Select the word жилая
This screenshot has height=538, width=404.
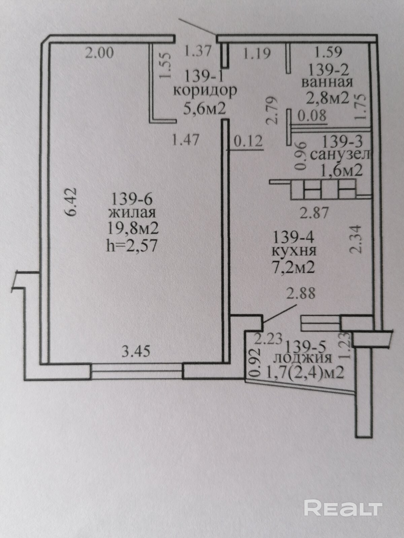pyautogui.click(x=132, y=213)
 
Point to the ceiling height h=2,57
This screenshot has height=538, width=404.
pyautogui.click(x=132, y=245)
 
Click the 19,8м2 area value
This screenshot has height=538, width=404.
pyautogui.click(x=133, y=229)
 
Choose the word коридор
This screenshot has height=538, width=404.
pyautogui.click(x=205, y=92)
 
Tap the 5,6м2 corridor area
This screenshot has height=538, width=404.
pyautogui.click(x=205, y=109)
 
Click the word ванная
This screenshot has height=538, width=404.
pyautogui.click(x=327, y=83)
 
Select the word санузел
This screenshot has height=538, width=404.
pyautogui.click(x=340, y=155)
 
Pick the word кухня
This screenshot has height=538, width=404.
pyautogui.click(x=295, y=252)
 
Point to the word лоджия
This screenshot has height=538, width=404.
pyautogui.click(x=303, y=358)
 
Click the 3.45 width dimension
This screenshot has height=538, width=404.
pyautogui.click(x=136, y=352)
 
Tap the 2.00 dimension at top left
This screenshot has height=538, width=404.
pyautogui.click(x=99, y=53)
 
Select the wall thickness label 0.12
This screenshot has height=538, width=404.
pyautogui.click(x=248, y=142)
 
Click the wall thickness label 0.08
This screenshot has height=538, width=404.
pyautogui.click(x=312, y=115)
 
